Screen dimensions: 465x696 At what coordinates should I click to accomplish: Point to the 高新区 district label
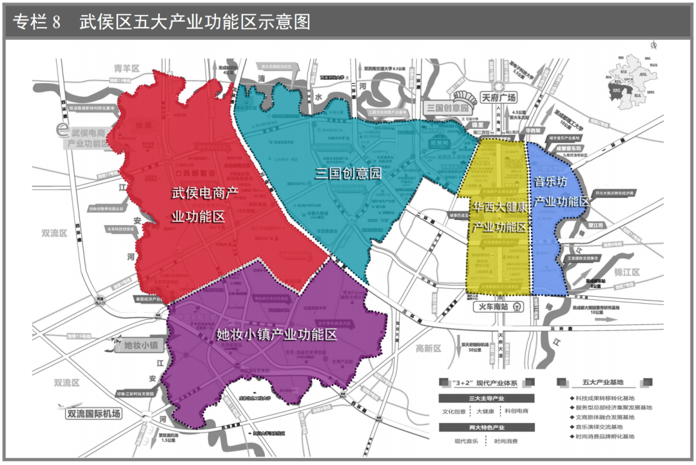click(428, 348)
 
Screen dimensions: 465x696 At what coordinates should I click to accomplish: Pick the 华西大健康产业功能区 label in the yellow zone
click(501, 217)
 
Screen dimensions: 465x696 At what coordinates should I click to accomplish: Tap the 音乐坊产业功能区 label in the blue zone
click(560, 192)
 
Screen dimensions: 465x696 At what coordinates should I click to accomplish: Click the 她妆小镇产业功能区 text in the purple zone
click(277, 335)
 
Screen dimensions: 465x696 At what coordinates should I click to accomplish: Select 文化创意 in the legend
click(454, 411)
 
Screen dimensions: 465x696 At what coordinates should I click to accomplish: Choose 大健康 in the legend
click(487, 411)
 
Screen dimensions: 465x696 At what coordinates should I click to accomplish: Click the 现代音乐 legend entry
click(468, 442)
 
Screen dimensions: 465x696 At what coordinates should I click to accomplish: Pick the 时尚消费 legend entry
click(505, 442)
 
